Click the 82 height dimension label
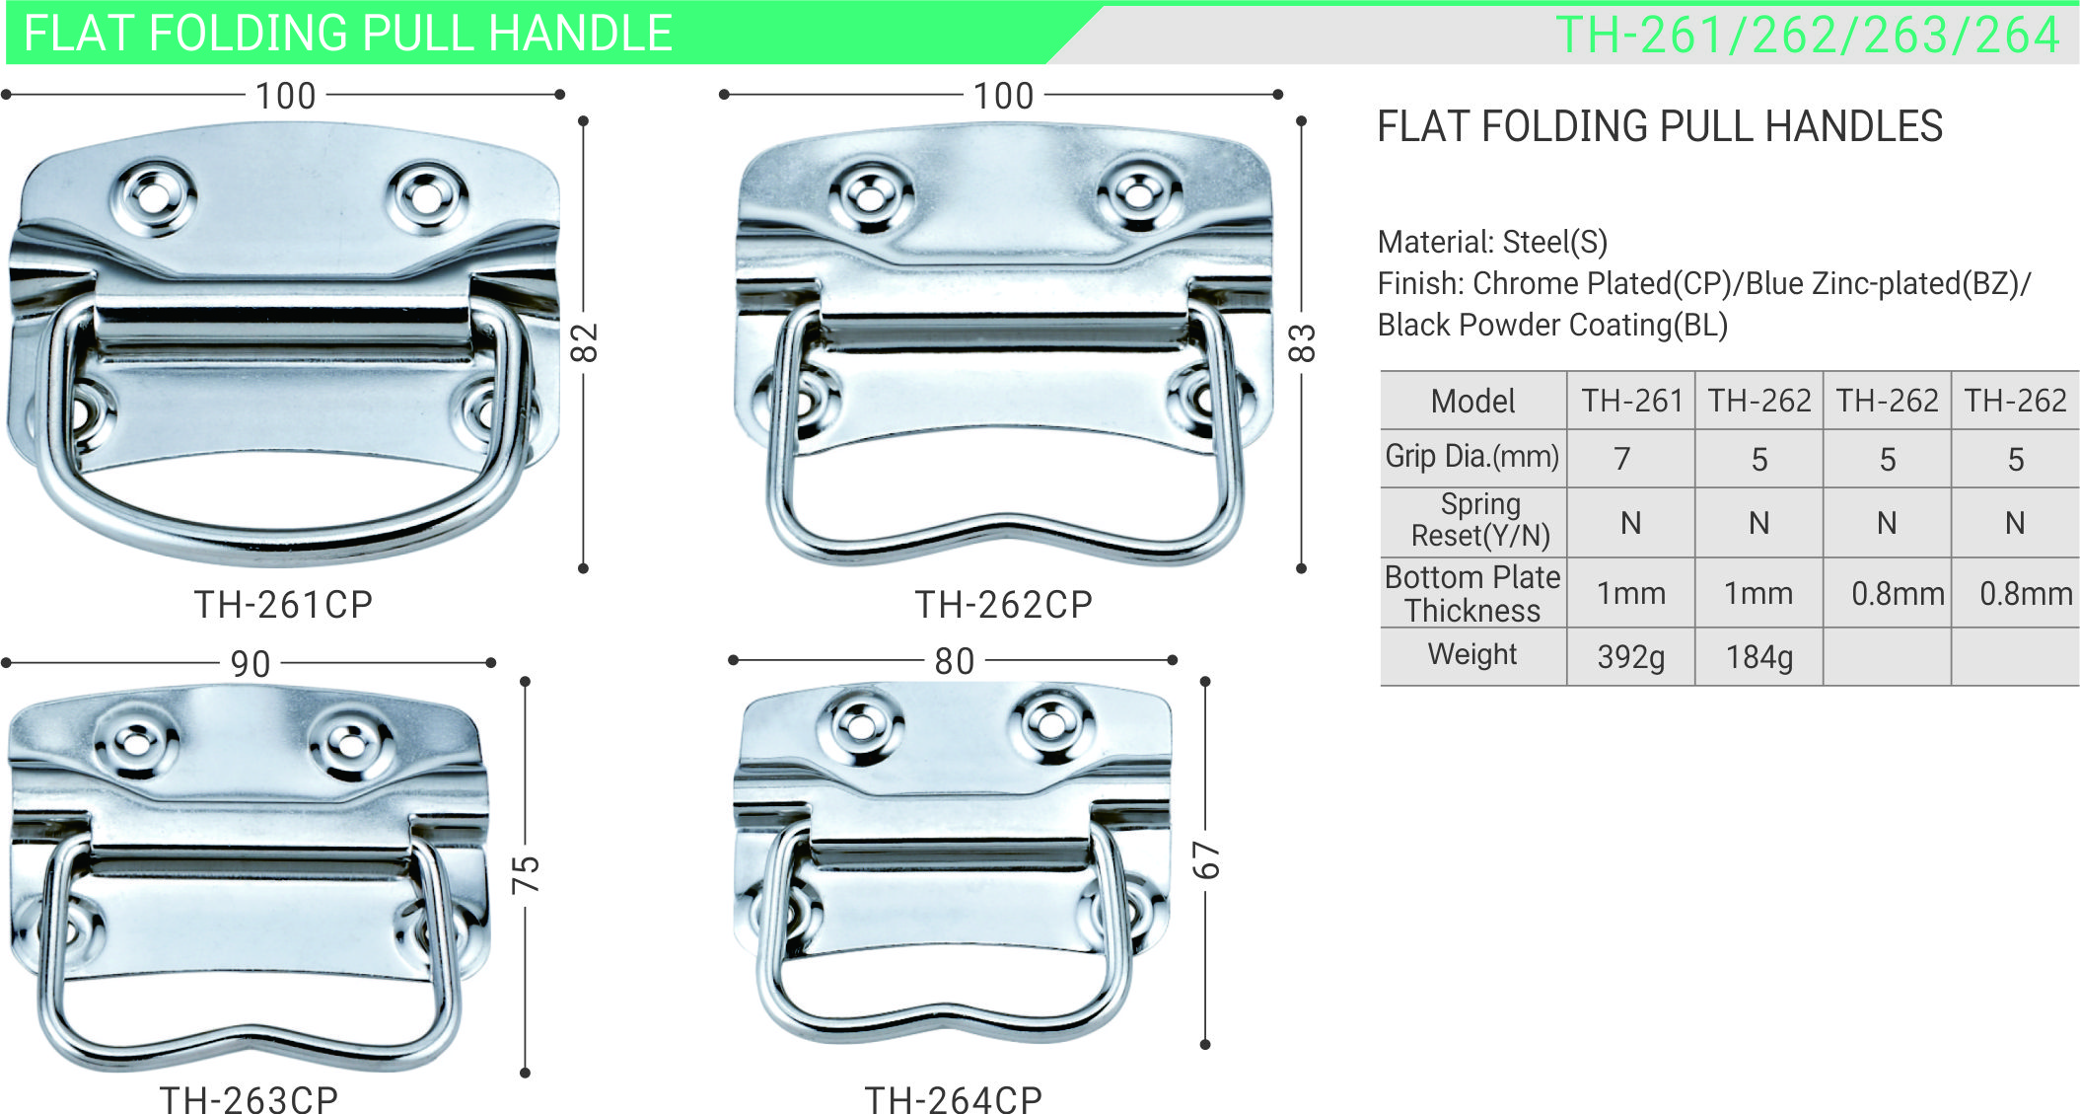[585, 342]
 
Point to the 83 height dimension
[1303, 342]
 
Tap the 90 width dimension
[251, 664]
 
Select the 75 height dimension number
[526, 874]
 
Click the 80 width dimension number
[955, 661]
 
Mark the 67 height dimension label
[1206, 860]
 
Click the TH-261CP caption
[284, 605]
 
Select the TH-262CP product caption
[1004, 605]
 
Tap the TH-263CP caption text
[250, 1099]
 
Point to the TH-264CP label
[954, 1099]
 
